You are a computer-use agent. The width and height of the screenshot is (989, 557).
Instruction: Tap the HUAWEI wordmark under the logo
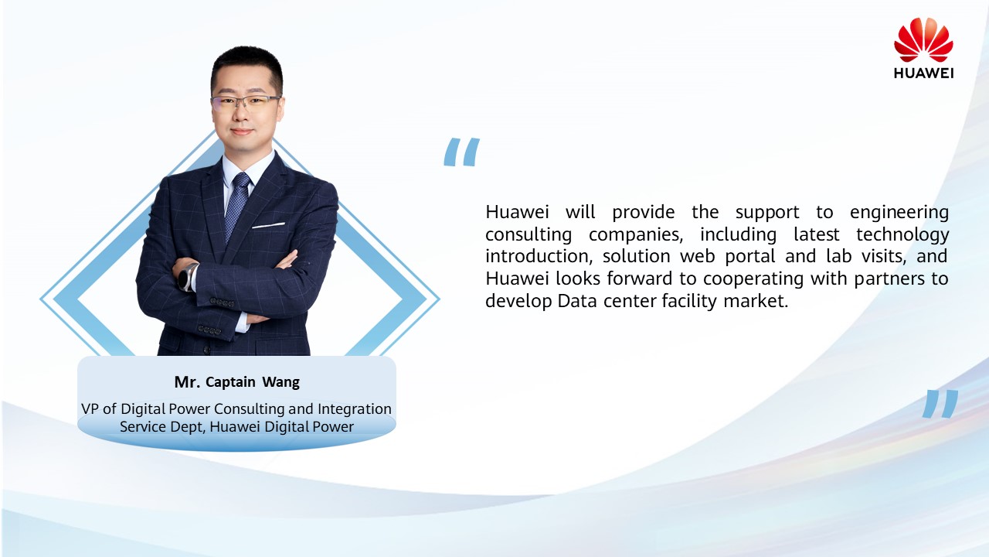click(x=923, y=73)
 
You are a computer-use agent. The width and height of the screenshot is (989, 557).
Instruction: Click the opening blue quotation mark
click(x=461, y=152)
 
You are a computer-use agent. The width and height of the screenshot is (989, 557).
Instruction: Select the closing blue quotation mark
click(x=940, y=404)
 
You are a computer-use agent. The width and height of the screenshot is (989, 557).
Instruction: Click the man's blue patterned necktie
click(x=236, y=207)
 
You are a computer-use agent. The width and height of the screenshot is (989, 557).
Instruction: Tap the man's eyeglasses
click(x=246, y=104)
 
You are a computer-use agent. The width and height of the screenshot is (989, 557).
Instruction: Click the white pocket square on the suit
click(x=268, y=225)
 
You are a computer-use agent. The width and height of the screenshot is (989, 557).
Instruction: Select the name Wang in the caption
click(x=280, y=382)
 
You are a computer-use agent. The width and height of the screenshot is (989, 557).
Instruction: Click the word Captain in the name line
click(x=230, y=382)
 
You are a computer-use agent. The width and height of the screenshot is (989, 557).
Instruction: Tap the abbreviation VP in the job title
click(x=90, y=409)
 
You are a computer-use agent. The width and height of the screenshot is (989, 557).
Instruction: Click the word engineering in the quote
click(x=899, y=213)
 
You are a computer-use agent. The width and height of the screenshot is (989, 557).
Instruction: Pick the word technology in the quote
click(x=902, y=234)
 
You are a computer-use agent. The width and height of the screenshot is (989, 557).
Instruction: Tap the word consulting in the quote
click(x=528, y=234)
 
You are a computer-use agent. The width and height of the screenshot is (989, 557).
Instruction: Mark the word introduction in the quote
click(x=539, y=256)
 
